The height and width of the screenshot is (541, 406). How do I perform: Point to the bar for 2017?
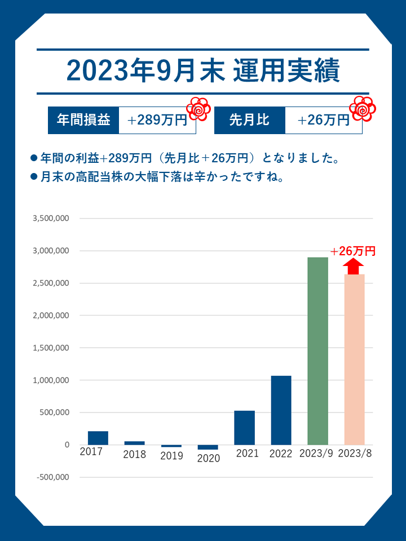pos(98,438)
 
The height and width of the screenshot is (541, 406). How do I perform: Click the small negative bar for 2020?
pos(208,447)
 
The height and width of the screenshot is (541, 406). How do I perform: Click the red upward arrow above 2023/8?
pos(354,265)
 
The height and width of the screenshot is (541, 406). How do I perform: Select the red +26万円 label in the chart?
pos(353,251)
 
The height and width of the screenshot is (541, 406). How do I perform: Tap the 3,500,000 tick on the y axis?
pos(51,218)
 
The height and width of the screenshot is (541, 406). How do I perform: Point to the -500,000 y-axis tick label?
pos(51,477)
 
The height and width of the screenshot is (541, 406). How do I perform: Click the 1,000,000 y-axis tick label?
pos(51,380)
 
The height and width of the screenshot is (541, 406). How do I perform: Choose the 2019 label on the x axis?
pos(171,456)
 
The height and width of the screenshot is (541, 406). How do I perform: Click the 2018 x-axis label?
pos(134,454)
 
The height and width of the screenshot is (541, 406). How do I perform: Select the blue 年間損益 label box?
pos(83,120)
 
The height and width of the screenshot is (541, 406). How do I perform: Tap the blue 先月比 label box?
pos(249,120)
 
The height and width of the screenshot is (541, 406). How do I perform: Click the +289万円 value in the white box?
pos(157,120)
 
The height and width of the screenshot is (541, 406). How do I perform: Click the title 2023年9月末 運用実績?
pos(203,71)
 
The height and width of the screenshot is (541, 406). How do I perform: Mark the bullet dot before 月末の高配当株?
pos(33,177)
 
